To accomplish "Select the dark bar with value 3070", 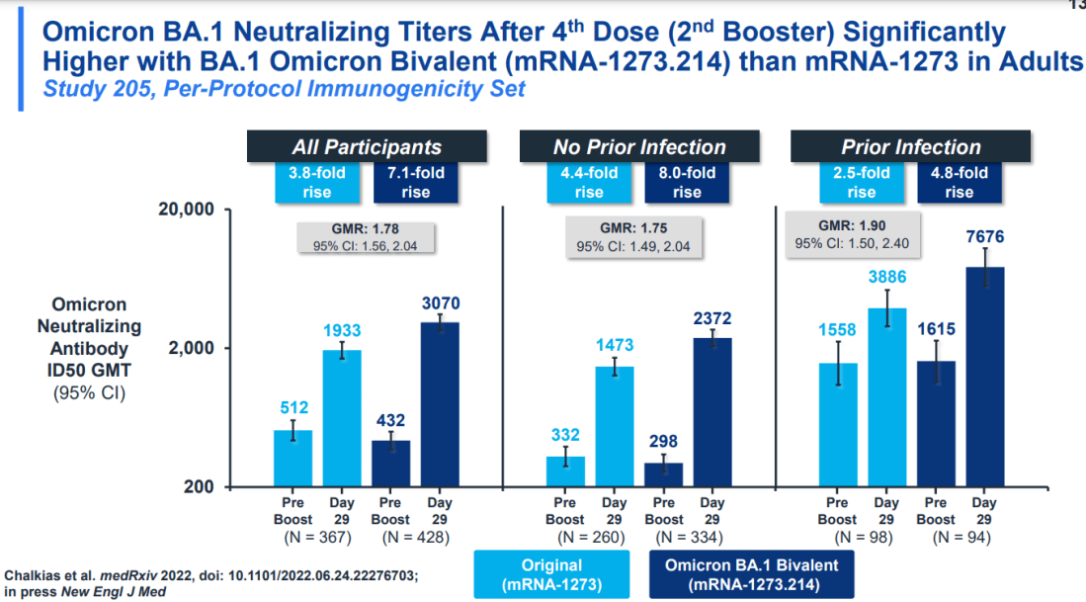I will [441, 404].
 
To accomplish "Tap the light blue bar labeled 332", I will [565, 472].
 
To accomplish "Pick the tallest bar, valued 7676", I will [984, 377].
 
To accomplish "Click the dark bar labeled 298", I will [663, 474].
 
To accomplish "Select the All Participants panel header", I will [367, 147].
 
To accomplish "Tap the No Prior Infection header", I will [639, 147].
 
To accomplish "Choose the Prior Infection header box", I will [910, 147].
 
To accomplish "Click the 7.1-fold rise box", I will [416, 183].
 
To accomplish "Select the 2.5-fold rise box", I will [861, 183].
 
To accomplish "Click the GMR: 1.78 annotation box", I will [367, 238].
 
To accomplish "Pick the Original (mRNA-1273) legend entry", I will [551, 575].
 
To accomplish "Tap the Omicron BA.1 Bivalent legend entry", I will [751, 575].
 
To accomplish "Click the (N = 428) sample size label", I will [416, 538].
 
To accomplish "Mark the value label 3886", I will [886, 278].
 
